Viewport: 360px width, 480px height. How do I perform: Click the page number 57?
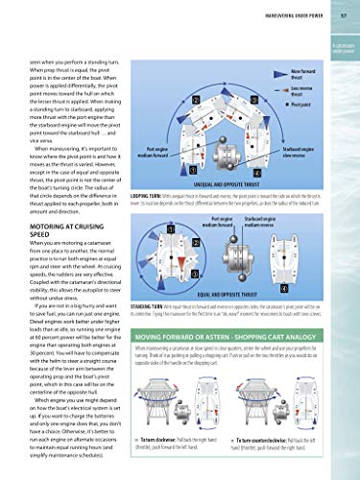tap(342, 13)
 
